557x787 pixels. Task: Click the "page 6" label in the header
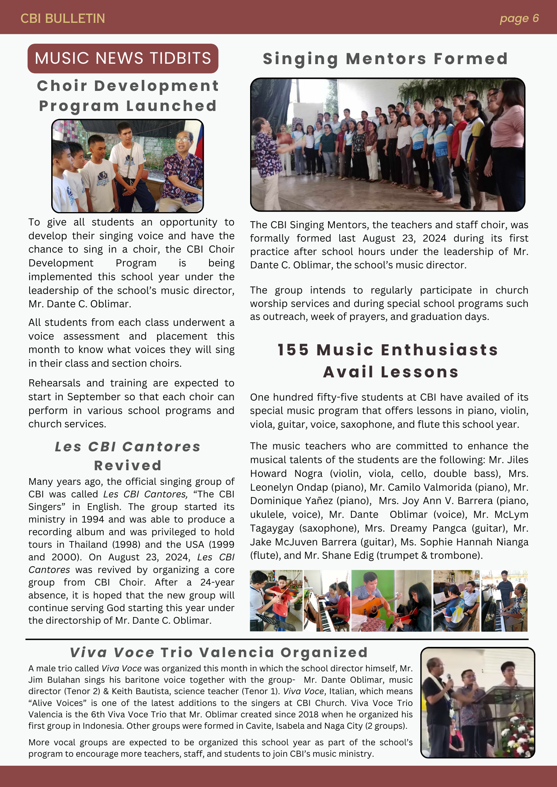pyautogui.click(x=519, y=18)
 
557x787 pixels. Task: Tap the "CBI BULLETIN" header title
pyautogui.click(x=63, y=18)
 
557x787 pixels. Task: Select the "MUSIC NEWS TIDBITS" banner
pyautogui.click(x=123, y=58)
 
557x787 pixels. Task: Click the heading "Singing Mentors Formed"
pyautogui.click(x=385, y=59)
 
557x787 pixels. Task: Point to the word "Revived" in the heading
pyautogui.click(x=128, y=466)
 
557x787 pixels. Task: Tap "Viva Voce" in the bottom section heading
pyautogui.click(x=112, y=652)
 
